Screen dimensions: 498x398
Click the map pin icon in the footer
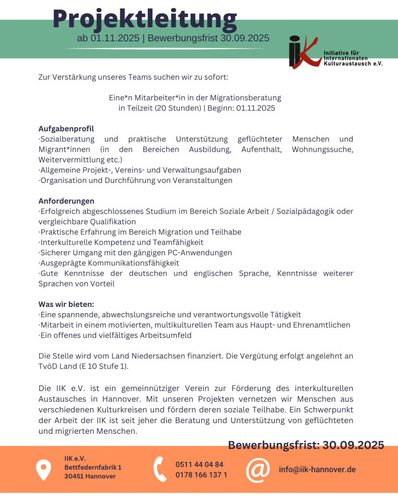(x=44, y=469)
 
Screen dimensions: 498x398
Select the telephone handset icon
(x=160, y=469)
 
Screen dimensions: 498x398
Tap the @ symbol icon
(x=258, y=469)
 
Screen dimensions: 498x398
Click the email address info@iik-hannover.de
(x=317, y=469)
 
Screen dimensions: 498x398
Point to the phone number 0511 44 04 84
(x=199, y=464)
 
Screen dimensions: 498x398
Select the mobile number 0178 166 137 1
(x=201, y=475)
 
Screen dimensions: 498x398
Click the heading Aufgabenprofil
(x=66, y=129)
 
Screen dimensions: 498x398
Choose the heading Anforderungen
(x=67, y=201)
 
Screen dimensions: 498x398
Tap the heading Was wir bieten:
(x=66, y=304)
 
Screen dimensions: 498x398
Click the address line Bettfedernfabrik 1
(x=93, y=467)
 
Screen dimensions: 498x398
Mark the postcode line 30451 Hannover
(x=90, y=476)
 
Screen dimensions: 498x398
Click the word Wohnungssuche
(x=322, y=149)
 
